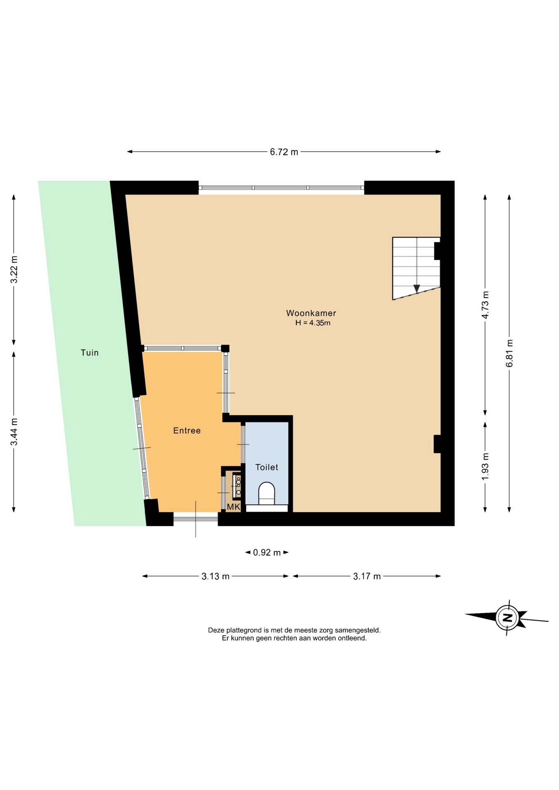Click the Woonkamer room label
[x=311, y=313]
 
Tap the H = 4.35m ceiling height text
[x=313, y=323]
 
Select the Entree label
[x=187, y=430]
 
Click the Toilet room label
[x=267, y=467]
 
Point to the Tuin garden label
[x=90, y=353]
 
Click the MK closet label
[x=233, y=507]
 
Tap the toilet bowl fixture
[x=266, y=493]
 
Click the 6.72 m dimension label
[x=284, y=152]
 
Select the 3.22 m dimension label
[x=14, y=270]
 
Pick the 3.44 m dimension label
[x=14, y=432]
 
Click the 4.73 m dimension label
[x=485, y=305]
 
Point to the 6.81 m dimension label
[x=510, y=353]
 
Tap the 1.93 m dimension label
[x=485, y=466]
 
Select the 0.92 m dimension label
[x=267, y=553]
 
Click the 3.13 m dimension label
[x=215, y=576]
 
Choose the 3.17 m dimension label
[x=367, y=576]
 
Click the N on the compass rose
[x=508, y=618]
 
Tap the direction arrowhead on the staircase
[x=417, y=288]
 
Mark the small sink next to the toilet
[x=238, y=486]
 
